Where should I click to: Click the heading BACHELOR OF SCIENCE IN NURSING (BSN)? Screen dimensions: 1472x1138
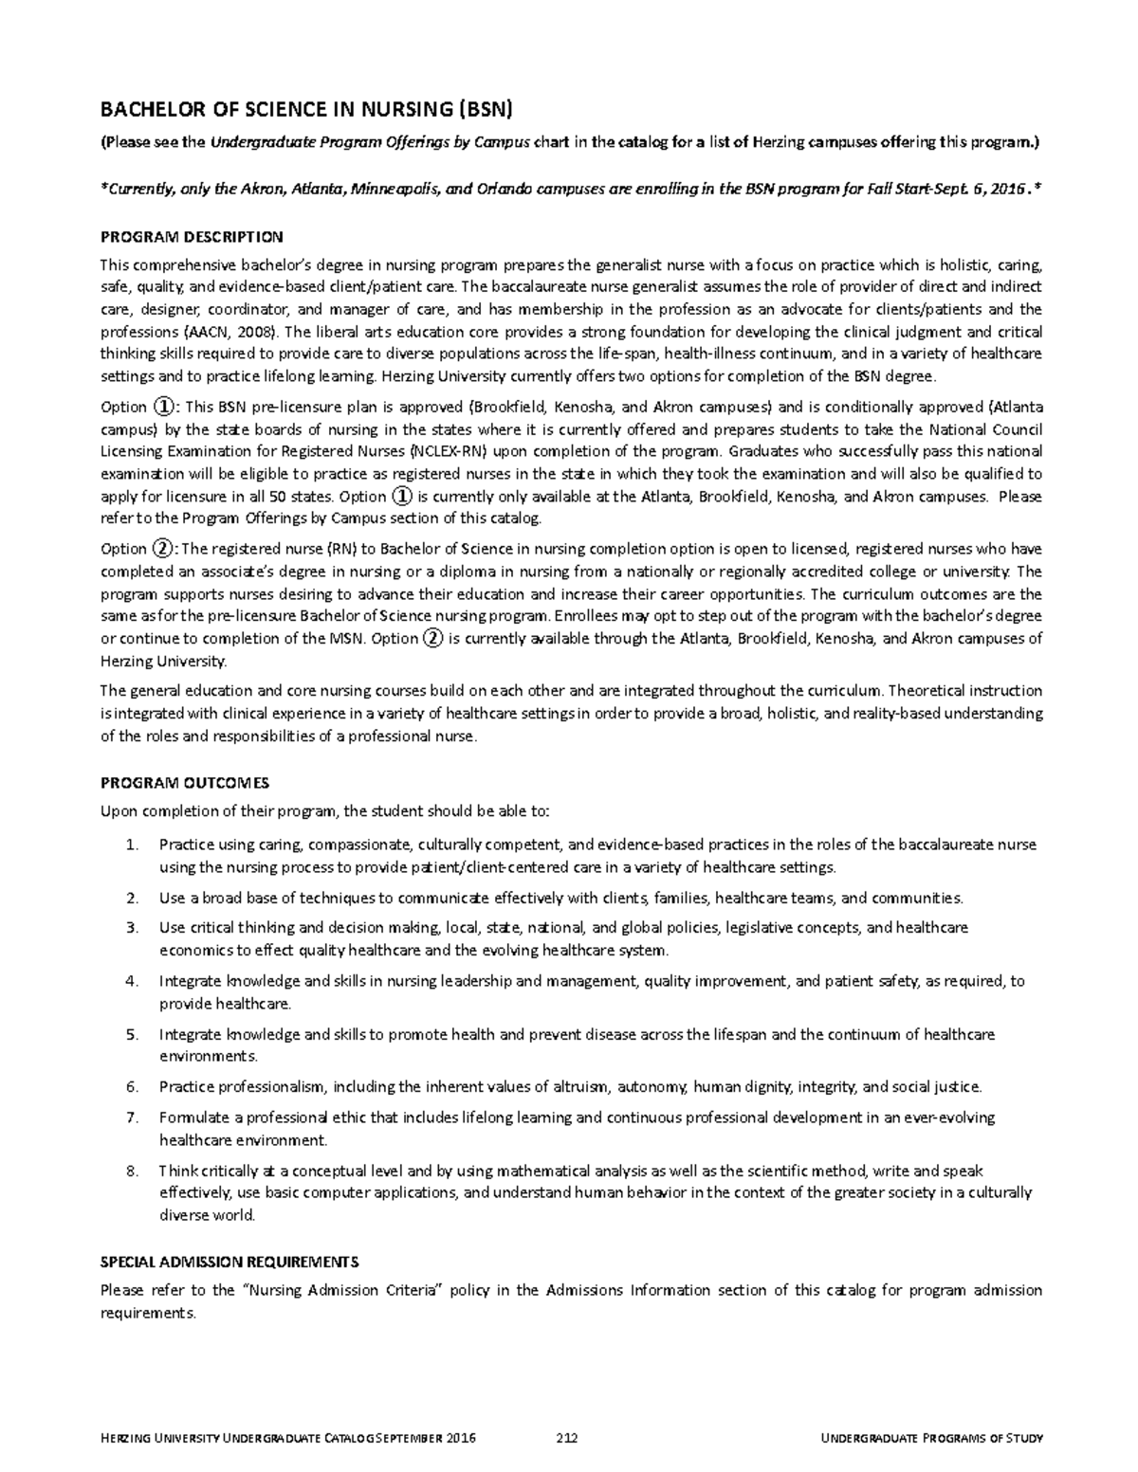tap(305, 110)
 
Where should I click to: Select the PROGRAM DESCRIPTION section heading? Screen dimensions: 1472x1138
tap(192, 236)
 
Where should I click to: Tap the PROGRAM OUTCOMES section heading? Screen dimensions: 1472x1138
tap(185, 783)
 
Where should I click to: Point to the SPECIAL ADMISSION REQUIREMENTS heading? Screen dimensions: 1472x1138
tap(229, 1262)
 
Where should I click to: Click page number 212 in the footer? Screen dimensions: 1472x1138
tap(566, 1438)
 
